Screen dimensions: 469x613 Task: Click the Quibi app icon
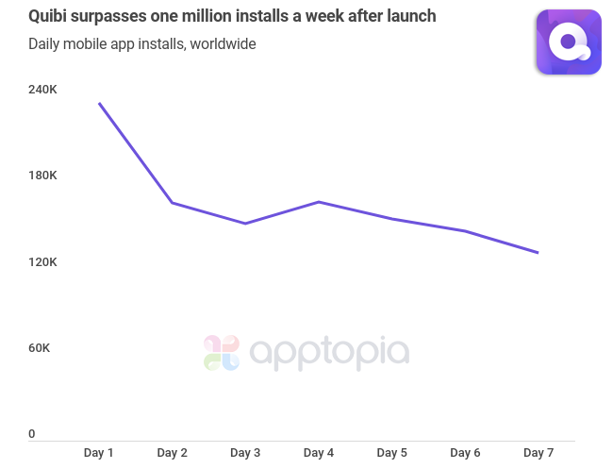pos(569,42)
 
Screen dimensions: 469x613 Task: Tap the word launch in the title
pos(410,16)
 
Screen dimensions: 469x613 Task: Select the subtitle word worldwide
pos(223,43)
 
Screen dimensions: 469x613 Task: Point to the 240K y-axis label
pos(42,90)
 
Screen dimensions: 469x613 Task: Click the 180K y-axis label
pos(42,176)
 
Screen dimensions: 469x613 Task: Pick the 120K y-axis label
pos(42,261)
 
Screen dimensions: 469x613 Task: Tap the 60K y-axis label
pos(39,348)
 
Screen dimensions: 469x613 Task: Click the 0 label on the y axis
pos(31,434)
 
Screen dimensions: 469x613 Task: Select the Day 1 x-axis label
pos(99,453)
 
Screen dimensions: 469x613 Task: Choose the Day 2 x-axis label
pos(172,453)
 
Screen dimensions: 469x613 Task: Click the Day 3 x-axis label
pos(245,453)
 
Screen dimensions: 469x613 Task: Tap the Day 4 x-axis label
pos(319,453)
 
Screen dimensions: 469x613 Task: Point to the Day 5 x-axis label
pos(391,453)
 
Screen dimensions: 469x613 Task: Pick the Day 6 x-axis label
pos(465,453)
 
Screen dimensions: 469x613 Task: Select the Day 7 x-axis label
pos(538,453)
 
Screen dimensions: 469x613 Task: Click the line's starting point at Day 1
pos(99,104)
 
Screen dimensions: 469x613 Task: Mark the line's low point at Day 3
pos(245,224)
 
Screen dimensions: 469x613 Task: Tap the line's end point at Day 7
pos(538,253)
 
